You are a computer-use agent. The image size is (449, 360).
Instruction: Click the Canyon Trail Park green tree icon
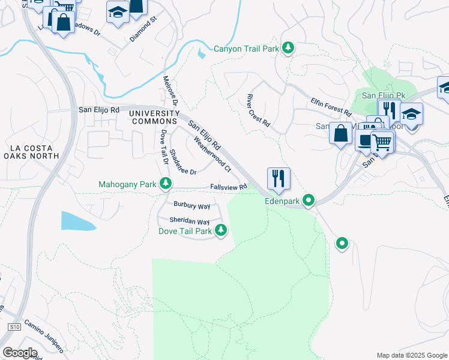coord(289,47)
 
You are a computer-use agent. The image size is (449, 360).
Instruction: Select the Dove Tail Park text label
coord(185,230)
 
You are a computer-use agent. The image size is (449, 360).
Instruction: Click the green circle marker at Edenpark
coord(309,200)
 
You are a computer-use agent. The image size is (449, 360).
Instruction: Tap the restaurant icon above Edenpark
coord(279,178)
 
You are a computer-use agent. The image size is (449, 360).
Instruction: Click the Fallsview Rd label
coord(229,187)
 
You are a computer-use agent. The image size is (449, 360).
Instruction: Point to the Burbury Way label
coord(191,205)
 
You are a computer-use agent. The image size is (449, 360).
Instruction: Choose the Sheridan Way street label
coord(189,221)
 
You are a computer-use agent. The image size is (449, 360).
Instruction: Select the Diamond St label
coord(143,29)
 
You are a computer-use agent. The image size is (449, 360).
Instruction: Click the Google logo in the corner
coord(19,352)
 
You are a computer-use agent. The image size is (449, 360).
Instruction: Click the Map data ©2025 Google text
coord(411,355)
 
